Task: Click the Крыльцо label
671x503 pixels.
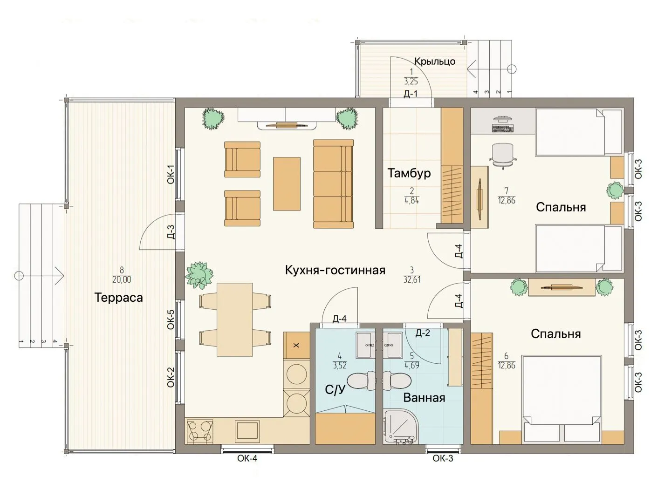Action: [x=435, y=61]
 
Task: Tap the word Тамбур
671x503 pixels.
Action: [x=409, y=173]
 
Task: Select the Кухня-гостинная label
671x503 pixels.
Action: [x=335, y=270]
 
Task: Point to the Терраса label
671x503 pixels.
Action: [x=119, y=298]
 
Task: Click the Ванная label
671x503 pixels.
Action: [x=424, y=398]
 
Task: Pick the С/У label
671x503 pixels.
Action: [x=335, y=390]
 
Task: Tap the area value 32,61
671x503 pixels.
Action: [x=412, y=279]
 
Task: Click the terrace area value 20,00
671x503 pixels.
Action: [x=121, y=279]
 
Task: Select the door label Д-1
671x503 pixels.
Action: [x=410, y=94]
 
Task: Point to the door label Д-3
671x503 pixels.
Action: [x=171, y=232]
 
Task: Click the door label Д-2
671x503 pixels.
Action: [x=423, y=333]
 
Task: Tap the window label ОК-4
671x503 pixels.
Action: [x=247, y=458]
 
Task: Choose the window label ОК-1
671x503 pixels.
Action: [x=171, y=174]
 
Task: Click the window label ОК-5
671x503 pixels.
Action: [x=171, y=319]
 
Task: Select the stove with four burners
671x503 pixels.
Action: [x=200, y=430]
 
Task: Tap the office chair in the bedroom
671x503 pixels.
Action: [x=503, y=156]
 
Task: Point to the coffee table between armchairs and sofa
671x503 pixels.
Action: [x=287, y=184]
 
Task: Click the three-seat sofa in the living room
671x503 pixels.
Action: [x=334, y=184]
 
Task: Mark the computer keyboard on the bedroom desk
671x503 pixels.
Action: [x=503, y=129]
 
